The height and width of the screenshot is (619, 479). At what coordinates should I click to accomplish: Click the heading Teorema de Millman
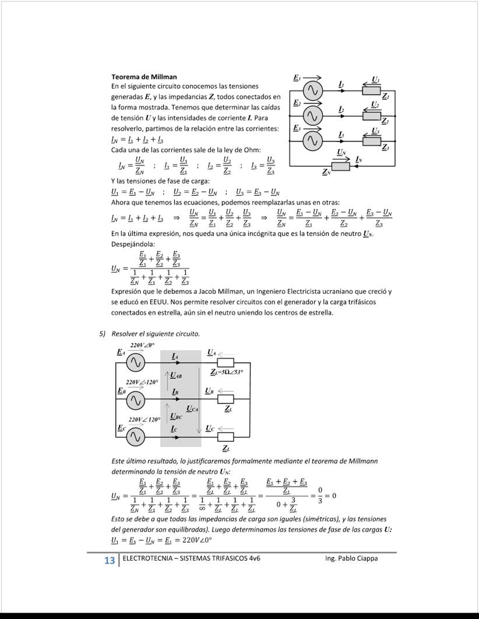(144, 77)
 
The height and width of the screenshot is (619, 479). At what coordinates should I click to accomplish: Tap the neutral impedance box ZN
(340, 166)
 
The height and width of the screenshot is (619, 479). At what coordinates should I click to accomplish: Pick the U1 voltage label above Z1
(376, 79)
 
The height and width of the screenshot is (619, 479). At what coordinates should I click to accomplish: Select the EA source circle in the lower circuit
(136, 364)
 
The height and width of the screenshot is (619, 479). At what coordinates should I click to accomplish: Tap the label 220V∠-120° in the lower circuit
(142, 382)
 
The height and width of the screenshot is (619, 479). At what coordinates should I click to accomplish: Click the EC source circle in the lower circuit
(136, 437)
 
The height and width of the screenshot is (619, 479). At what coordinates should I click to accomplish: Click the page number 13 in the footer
(109, 561)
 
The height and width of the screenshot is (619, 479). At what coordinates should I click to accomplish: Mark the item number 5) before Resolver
(101, 334)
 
